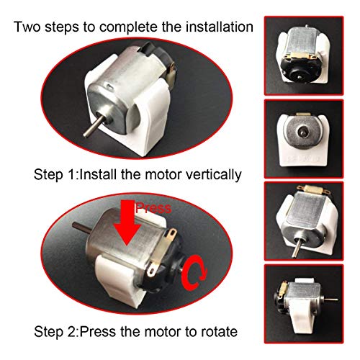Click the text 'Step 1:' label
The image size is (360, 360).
pyautogui.click(x=55, y=175)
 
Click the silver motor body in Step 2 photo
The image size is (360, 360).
pyautogui.click(x=126, y=248)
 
